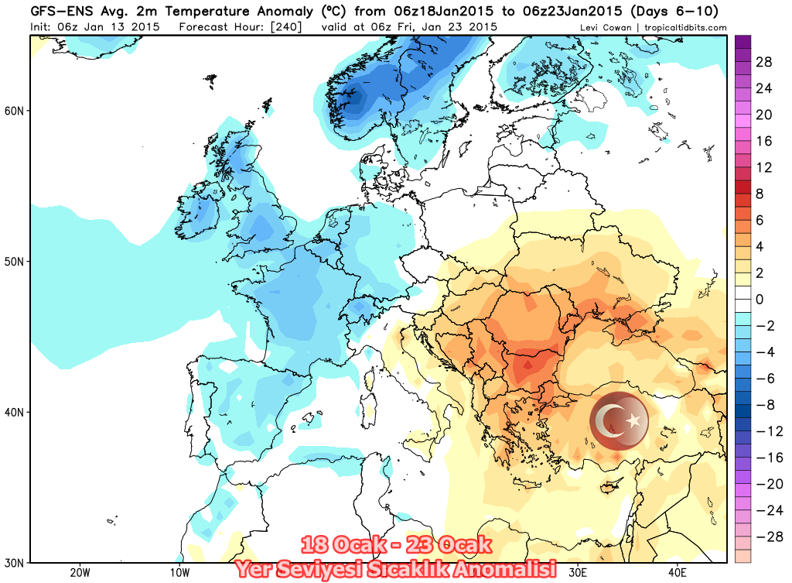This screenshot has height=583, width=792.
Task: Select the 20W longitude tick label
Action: [80, 573]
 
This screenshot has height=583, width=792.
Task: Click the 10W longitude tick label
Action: [179, 573]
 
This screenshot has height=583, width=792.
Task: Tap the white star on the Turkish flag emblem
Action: [634, 420]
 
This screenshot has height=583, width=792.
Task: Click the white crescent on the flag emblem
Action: [612, 420]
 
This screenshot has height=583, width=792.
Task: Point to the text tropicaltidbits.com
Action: [684, 28]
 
